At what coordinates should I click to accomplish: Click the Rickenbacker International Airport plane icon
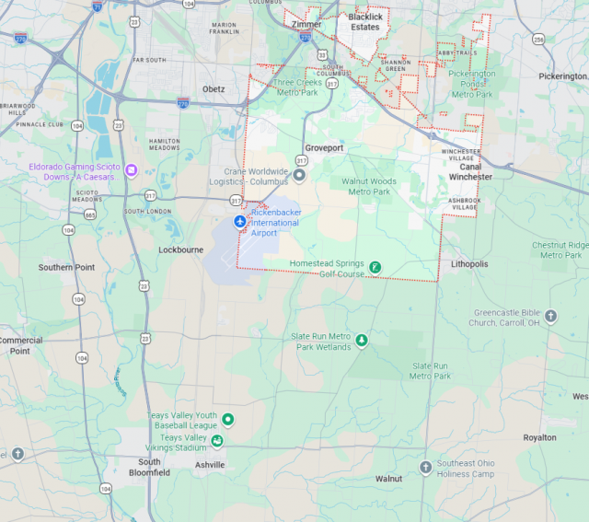[x=240, y=223]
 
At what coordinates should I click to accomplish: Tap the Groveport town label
[x=324, y=147]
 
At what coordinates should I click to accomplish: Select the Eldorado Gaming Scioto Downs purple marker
[x=132, y=170]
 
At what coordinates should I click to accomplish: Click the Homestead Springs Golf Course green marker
[x=375, y=268]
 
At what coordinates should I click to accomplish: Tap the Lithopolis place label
[x=469, y=264]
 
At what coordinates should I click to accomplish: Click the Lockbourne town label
[x=179, y=249]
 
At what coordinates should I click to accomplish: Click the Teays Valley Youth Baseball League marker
[x=227, y=420]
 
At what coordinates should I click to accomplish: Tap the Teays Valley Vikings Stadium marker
[x=217, y=442]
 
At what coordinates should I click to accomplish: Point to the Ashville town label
[x=210, y=466]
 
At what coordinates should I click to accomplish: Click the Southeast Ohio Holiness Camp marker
[x=425, y=468]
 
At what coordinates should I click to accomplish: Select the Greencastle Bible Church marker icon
[x=551, y=317]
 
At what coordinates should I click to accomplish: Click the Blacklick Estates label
[x=364, y=22]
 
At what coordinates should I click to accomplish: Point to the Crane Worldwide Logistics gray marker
[x=299, y=175]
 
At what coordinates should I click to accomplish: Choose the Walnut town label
[x=389, y=479]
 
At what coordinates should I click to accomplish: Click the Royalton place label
[x=540, y=437]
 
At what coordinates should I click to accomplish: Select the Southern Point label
[x=66, y=267]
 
